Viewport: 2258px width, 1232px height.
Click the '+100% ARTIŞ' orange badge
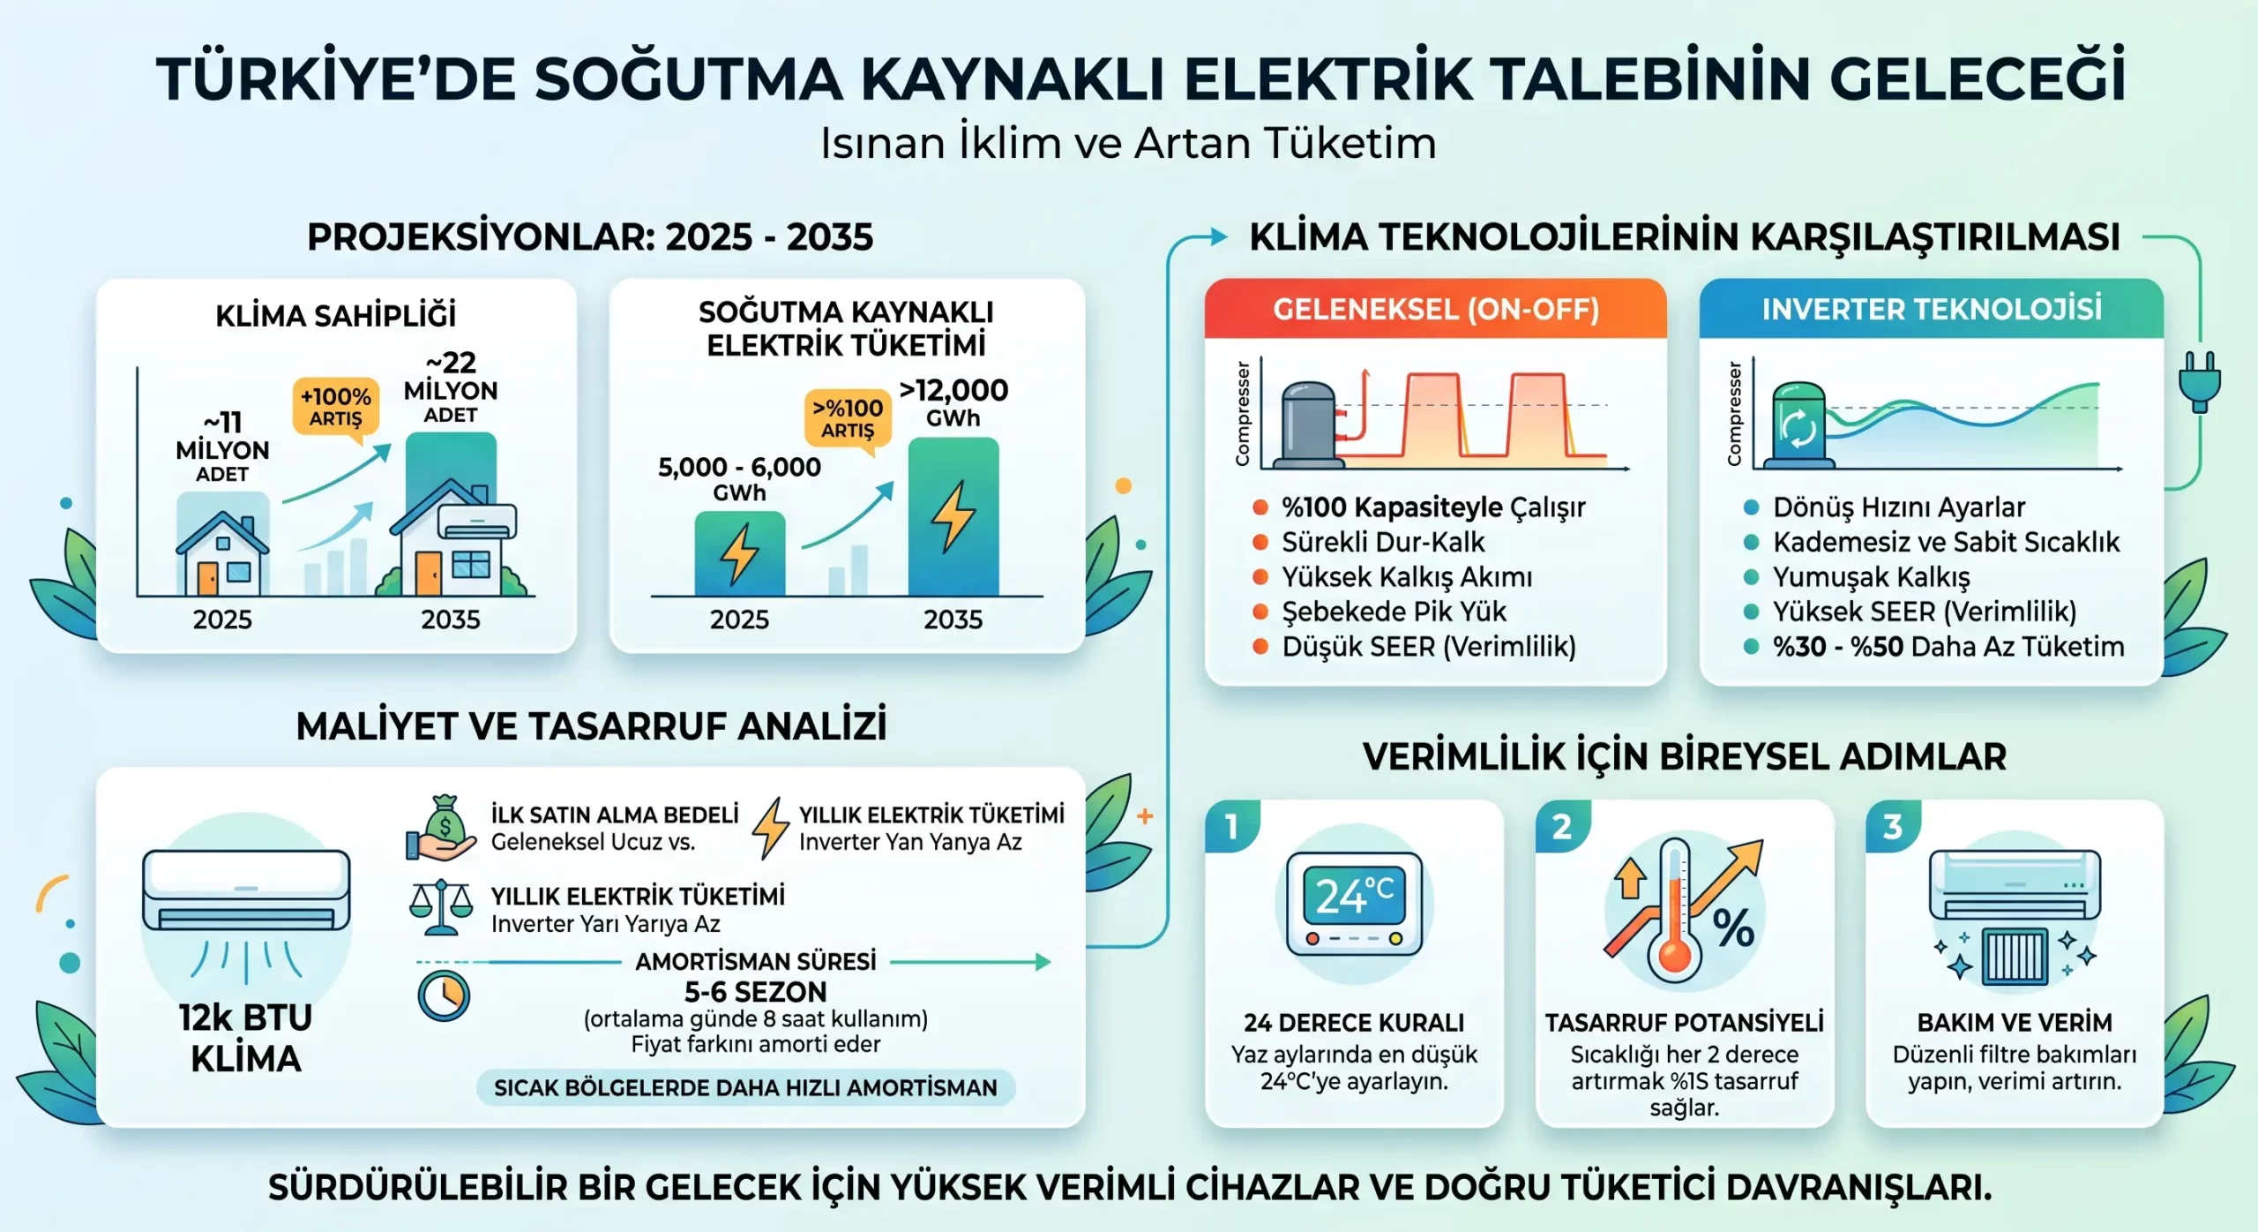[335, 407]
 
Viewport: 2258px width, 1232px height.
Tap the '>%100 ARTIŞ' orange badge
[848, 418]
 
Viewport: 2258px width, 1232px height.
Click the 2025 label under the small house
[222, 620]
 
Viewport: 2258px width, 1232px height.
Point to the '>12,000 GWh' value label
[953, 402]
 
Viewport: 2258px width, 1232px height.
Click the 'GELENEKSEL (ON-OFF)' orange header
[1435, 309]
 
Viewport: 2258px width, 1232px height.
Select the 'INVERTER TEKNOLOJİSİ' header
[1932, 309]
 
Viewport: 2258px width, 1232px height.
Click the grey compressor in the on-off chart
[1309, 424]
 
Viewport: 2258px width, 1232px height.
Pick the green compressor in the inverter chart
[1798, 424]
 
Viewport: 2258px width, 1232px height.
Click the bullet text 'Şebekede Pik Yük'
[1394, 612]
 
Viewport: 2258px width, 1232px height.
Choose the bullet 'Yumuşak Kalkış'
[1871, 577]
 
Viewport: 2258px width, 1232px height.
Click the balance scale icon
[440, 908]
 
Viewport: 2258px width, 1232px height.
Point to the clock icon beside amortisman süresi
[444, 996]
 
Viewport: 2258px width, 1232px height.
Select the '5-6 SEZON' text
[756, 992]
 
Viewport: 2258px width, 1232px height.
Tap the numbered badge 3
[1892, 826]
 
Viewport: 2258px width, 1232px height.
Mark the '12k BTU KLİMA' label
[245, 1038]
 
